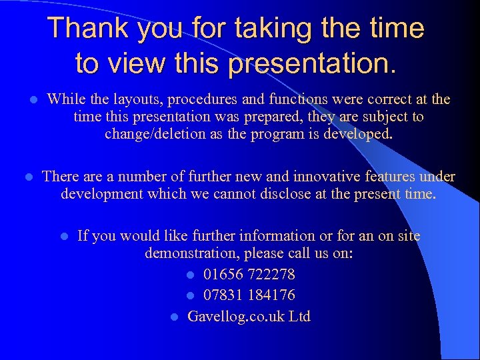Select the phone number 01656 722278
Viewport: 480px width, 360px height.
click(249, 275)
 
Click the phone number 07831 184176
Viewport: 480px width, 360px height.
click(249, 295)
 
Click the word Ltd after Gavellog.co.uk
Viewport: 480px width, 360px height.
click(299, 316)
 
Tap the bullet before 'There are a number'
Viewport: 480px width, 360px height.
click(28, 177)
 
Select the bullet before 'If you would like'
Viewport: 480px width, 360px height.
click(63, 236)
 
